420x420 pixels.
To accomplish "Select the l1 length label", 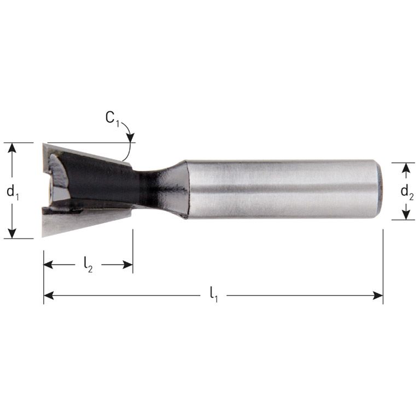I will (x=214, y=295).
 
